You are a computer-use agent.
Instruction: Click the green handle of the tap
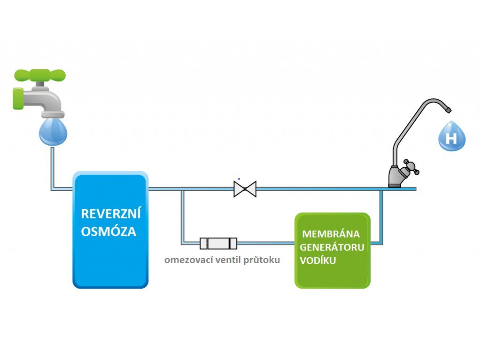click(x=40, y=75)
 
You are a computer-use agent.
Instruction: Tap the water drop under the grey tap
click(x=53, y=132)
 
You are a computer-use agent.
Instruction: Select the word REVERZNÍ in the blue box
click(x=111, y=213)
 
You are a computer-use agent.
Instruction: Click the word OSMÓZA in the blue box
click(x=109, y=231)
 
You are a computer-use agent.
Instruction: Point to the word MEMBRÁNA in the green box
click(x=331, y=234)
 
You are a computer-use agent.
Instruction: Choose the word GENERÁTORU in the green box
click(x=332, y=247)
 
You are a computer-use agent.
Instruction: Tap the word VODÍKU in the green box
click(x=318, y=260)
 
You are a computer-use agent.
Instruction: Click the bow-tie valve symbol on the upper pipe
click(x=245, y=189)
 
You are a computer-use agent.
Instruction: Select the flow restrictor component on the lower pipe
click(x=218, y=243)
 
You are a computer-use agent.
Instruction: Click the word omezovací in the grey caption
click(x=189, y=260)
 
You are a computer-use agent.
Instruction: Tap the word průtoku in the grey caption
click(x=262, y=260)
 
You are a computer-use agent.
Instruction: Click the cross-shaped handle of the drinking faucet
click(x=411, y=167)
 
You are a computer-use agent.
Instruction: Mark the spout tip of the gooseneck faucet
click(x=449, y=110)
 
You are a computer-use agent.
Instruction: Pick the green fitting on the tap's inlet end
click(x=18, y=98)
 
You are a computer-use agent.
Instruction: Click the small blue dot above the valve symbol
click(x=239, y=179)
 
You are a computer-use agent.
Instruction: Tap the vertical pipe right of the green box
click(x=381, y=217)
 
